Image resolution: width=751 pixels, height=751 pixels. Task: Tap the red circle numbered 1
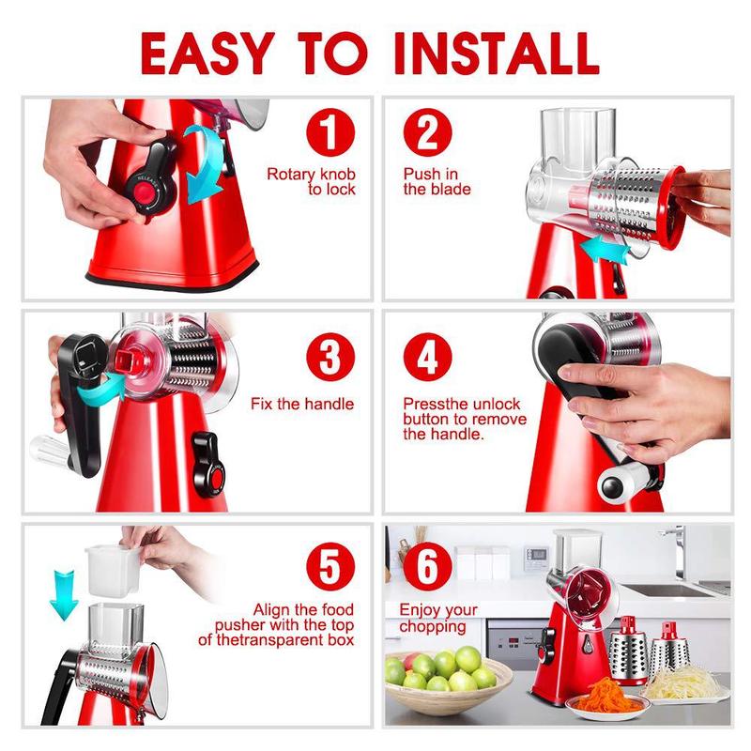(x=325, y=132)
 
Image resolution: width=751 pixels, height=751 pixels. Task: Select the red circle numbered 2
(x=428, y=132)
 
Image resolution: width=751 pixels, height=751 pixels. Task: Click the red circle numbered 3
(x=325, y=357)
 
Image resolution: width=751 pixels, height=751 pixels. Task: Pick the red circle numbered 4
(x=428, y=357)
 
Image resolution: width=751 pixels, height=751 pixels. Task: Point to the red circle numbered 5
(x=325, y=569)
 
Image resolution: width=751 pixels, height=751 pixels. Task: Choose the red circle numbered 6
(x=428, y=569)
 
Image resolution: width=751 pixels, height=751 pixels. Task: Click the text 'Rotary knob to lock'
(x=311, y=182)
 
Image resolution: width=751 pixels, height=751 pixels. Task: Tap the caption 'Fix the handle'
(x=302, y=405)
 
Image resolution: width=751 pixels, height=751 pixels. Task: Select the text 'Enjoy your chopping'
(x=437, y=618)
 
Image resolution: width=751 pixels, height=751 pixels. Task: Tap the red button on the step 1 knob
(x=144, y=194)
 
